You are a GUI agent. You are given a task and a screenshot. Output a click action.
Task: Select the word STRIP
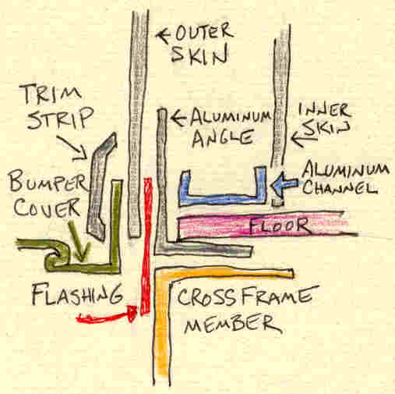pos(60,118)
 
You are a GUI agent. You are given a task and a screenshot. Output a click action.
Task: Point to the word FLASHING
pos(77,294)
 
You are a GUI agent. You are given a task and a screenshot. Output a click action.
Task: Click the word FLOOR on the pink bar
pos(279,225)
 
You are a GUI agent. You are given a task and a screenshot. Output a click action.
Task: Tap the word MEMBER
pos(232,324)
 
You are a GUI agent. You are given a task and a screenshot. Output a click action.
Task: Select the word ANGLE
pos(222,138)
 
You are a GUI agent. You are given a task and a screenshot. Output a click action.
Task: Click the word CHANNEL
pos(340,186)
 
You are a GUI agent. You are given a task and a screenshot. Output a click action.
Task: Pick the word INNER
pos(325,111)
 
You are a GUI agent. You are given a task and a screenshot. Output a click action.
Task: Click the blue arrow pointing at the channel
pos(284,186)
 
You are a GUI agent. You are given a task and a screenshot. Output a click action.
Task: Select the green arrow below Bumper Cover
pos(80,240)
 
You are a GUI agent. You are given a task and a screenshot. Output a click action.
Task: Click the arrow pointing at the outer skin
pos(163,34)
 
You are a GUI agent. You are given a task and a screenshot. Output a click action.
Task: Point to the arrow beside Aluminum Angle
pos(178,118)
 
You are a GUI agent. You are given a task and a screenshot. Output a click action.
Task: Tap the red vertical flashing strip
pos(146,246)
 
